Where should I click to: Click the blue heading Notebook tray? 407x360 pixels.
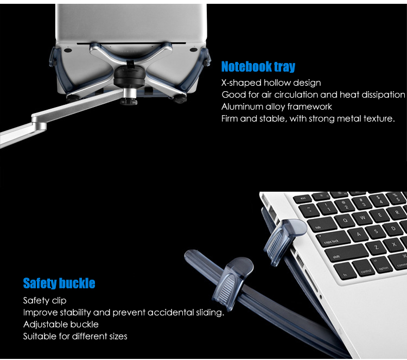point(258,66)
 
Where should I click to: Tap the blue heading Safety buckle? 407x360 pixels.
point(59,283)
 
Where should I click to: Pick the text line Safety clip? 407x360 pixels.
point(44,300)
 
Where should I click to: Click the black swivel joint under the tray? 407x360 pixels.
point(130,77)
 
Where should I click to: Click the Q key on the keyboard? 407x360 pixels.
point(346,220)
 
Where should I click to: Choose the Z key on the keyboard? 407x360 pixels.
point(376,247)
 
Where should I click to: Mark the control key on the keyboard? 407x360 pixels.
point(365,269)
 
